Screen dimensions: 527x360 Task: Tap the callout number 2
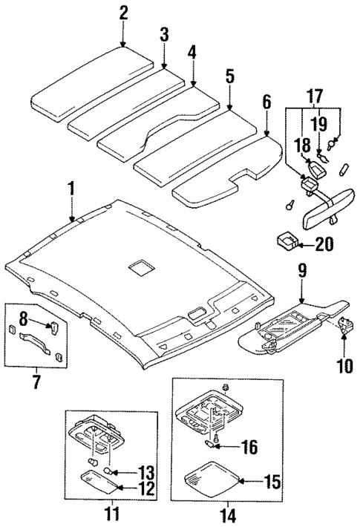point(123,12)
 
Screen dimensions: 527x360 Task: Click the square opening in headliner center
point(138,268)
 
